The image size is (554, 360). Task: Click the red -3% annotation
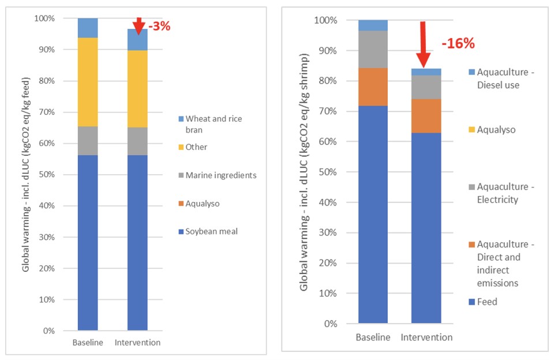tap(159, 26)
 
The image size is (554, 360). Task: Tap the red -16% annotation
tap(458, 43)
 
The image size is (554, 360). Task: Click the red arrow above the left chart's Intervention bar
tap(138, 25)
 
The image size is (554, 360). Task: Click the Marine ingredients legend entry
tap(221, 175)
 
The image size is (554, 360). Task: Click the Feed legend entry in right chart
tap(488, 302)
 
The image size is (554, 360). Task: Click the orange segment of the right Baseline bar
tap(373, 87)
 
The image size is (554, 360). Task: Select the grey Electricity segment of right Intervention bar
tap(426, 87)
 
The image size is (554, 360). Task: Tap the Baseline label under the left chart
tap(88, 343)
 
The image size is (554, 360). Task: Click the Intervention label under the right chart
tap(426, 337)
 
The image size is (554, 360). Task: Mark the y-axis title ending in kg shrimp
tap(304, 172)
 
